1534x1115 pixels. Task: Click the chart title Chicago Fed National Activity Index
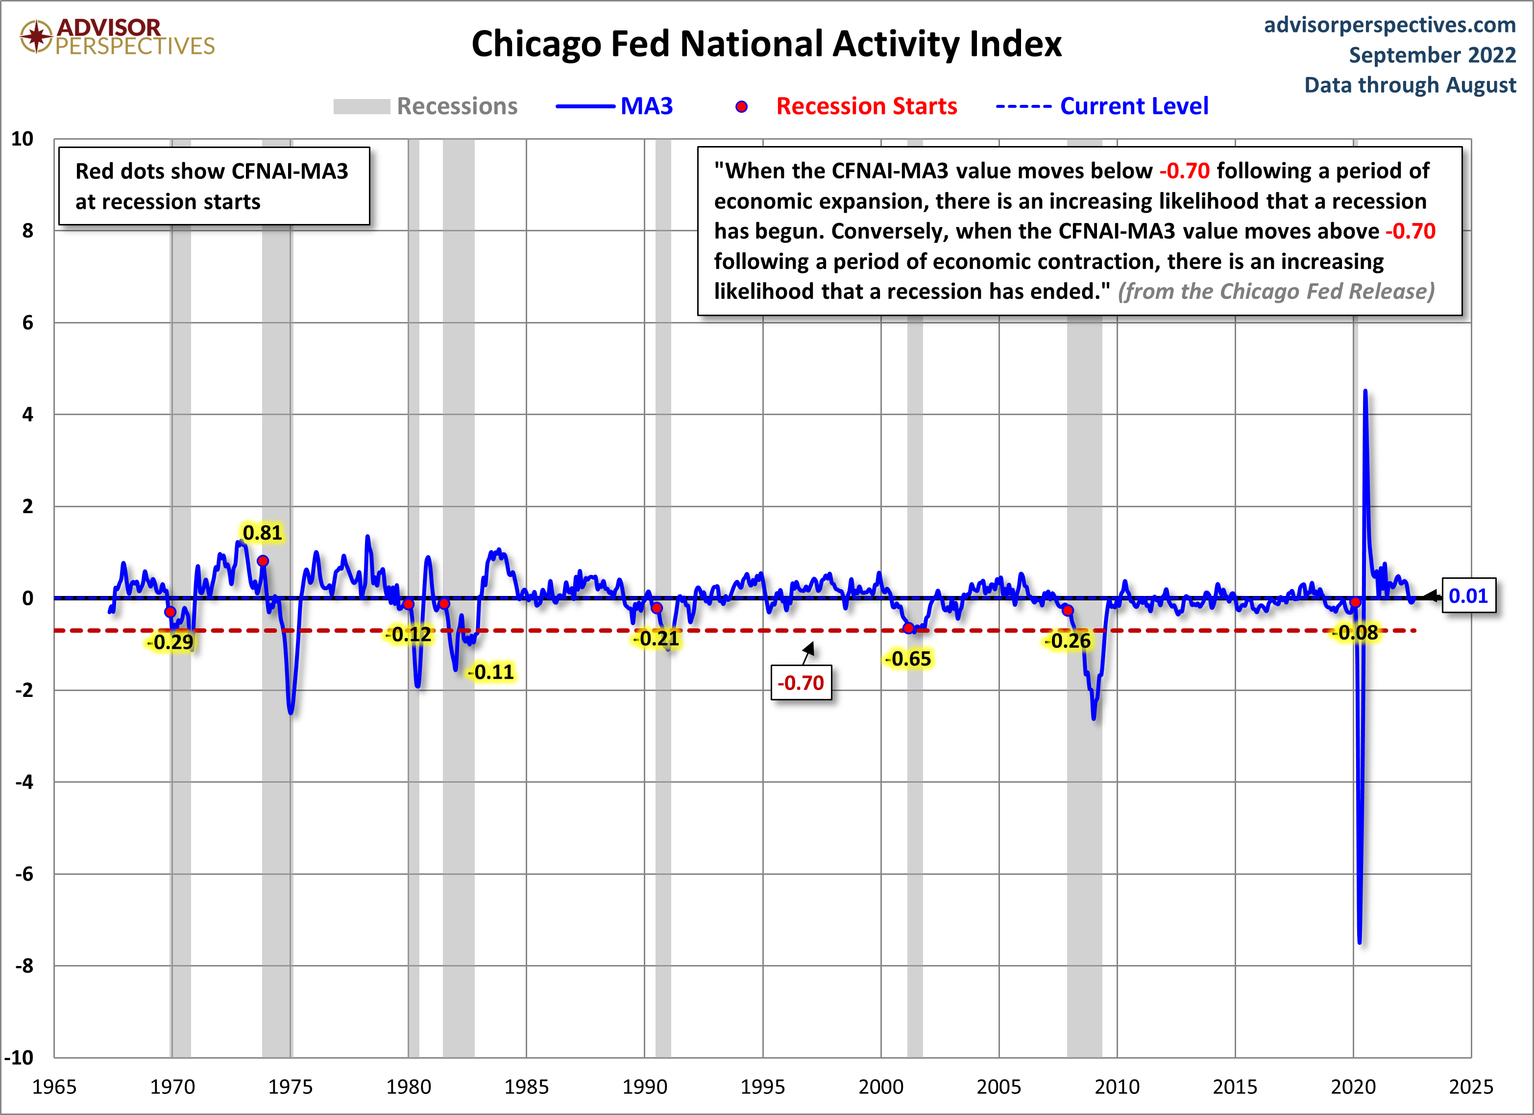(x=766, y=44)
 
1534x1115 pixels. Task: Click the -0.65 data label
(x=909, y=658)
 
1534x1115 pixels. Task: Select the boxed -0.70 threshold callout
(x=801, y=683)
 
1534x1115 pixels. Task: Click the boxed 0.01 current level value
(x=1468, y=596)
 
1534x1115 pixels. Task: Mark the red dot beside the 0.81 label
(x=263, y=561)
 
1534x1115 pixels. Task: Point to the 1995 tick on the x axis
(x=762, y=1087)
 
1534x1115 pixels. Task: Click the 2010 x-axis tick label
(x=1117, y=1087)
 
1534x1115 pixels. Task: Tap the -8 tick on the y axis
(x=24, y=966)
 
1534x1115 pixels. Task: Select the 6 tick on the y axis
(x=28, y=322)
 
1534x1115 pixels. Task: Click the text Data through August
(x=1410, y=85)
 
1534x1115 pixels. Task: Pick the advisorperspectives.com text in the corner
(x=1389, y=25)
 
